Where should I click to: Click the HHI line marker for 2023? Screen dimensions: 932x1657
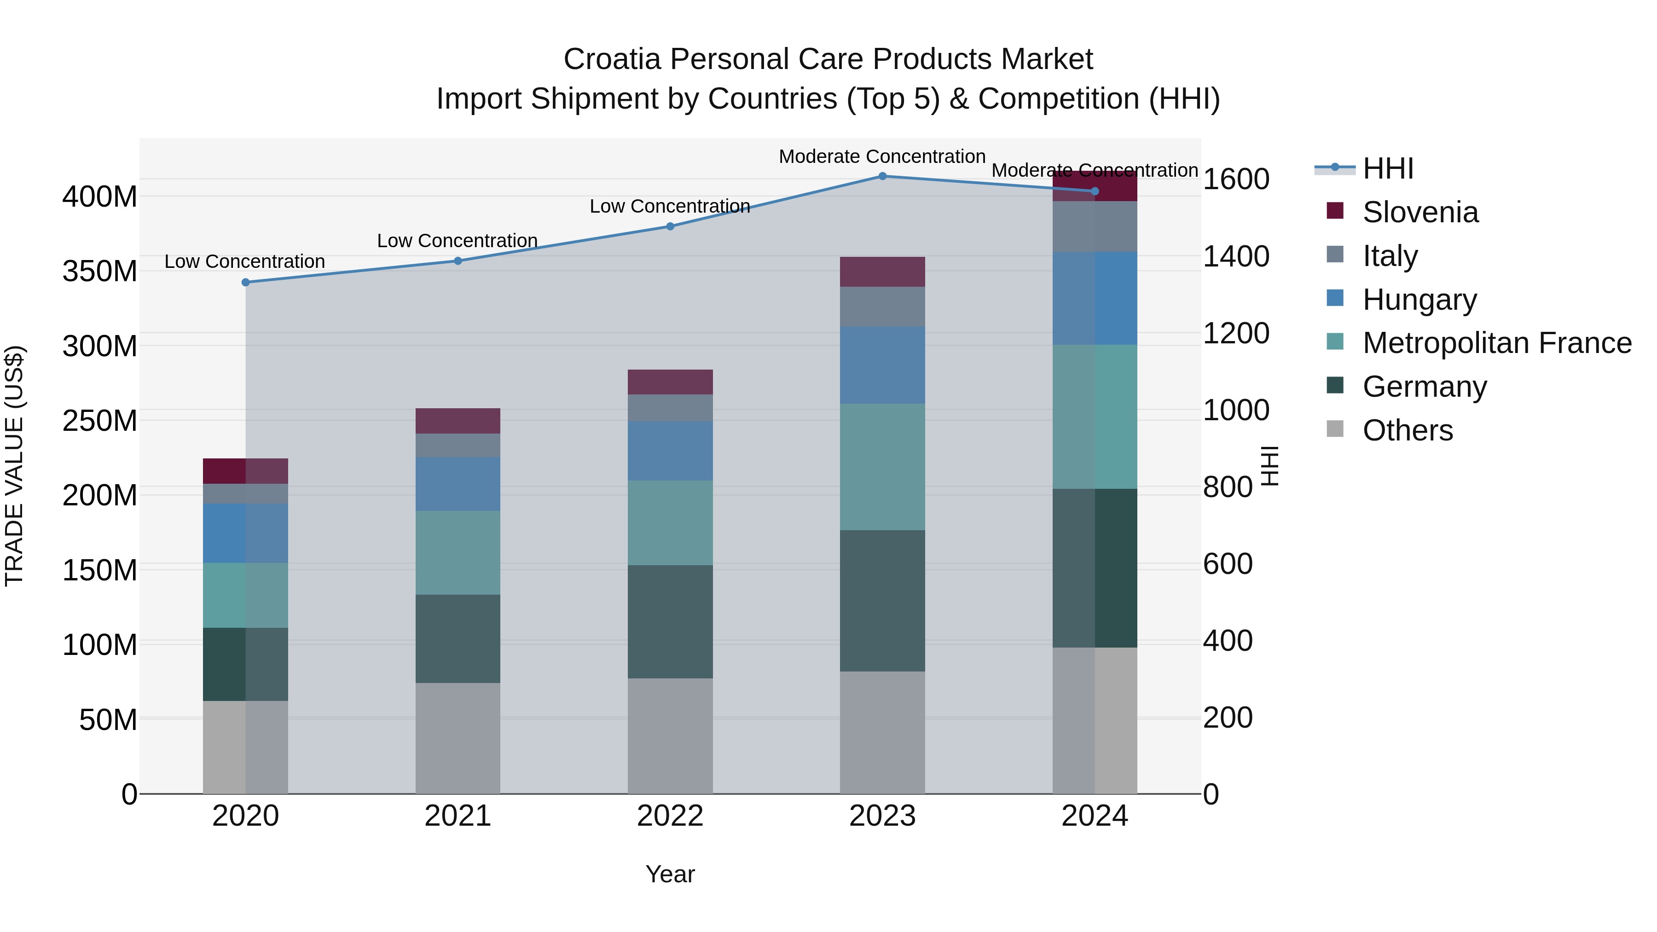pyautogui.click(x=882, y=176)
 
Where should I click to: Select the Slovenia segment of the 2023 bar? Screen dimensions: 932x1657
pyautogui.click(x=882, y=272)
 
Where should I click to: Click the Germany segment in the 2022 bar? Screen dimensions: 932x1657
pyautogui.click(x=670, y=621)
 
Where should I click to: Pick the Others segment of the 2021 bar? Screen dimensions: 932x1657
pyautogui.click(x=458, y=738)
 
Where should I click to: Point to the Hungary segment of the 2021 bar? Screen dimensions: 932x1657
pyautogui.click(x=458, y=484)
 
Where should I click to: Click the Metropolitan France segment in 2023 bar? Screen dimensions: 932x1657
pyautogui.click(x=882, y=467)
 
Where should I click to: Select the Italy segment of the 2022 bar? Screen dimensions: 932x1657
pyautogui.click(x=670, y=408)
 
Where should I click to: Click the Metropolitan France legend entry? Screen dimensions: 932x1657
pyautogui.click(x=1496, y=343)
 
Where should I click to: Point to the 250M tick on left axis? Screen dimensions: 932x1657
pyautogui.click(x=100, y=421)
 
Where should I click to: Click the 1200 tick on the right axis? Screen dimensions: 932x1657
pyautogui.click(x=1236, y=333)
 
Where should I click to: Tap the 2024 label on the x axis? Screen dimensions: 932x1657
pyautogui.click(x=1095, y=816)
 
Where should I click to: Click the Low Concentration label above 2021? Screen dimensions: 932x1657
pyautogui.click(x=458, y=241)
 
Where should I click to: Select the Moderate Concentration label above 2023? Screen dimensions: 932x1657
pyautogui.click(x=882, y=156)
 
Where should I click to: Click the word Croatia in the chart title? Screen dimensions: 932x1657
pyautogui.click(x=612, y=59)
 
